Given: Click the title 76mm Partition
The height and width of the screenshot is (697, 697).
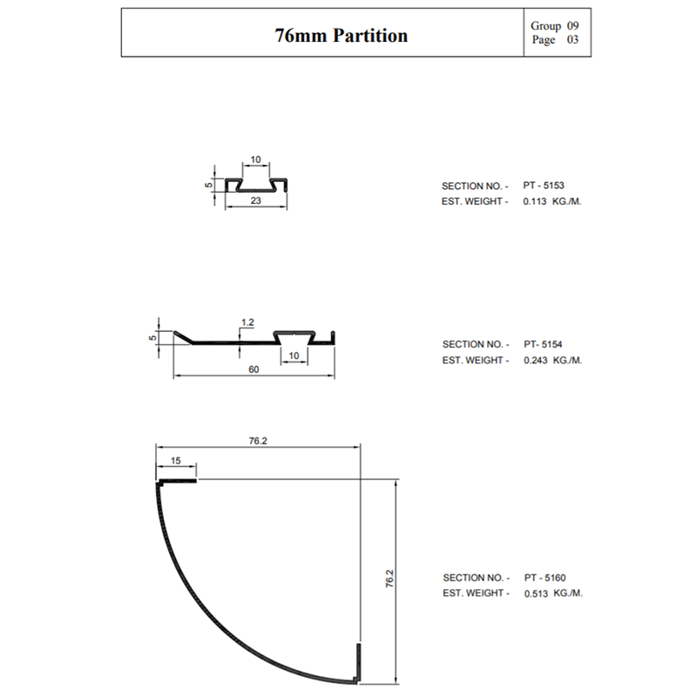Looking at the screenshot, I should (x=342, y=36).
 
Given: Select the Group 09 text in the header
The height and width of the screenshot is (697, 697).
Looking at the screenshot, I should (x=554, y=26).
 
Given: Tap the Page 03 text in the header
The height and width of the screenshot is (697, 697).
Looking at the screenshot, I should (x=554, y=40).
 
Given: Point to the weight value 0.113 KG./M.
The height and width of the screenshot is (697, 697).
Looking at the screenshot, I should (x=552, y=201).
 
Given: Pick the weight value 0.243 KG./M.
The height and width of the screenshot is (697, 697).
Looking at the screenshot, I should (x=552, y=360).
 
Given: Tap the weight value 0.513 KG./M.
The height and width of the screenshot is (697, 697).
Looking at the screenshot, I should (x=552, y=592).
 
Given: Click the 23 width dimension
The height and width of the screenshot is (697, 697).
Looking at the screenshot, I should (x=255, y=200).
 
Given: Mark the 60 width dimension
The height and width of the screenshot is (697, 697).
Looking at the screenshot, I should (x=254, y=369).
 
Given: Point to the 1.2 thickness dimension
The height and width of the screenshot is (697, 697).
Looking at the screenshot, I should (x=247, y=322).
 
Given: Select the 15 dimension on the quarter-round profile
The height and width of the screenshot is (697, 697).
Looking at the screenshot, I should (x=177, y=461).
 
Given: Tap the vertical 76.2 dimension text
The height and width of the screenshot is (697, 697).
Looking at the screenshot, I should (x=389, y=580).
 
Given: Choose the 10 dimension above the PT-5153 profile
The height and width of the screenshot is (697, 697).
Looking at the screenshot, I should (x=255, y=159).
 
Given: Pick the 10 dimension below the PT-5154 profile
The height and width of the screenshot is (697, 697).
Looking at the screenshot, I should (x=294, y=355).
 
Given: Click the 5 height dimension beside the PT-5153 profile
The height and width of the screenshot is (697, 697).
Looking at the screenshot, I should (x=209, y=185).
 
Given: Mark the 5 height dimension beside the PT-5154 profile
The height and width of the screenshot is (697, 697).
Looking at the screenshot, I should (x=152, y=337).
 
